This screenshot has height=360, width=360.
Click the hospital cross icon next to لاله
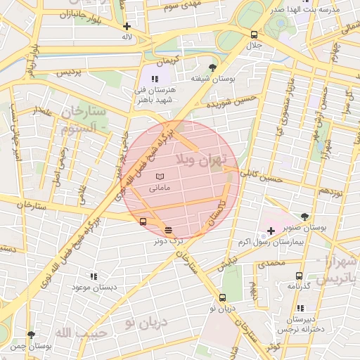click(x=127, y=26)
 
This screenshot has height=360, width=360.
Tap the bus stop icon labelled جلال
click(x=253, y=34)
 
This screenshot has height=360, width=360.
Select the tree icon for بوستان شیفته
click(x=213, y=67)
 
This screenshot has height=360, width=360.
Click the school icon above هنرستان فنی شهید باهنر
click(x=155, y=79)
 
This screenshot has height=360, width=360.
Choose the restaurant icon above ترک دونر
click(x=168, y=230)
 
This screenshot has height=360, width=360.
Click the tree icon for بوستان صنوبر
click(x=304, y=217)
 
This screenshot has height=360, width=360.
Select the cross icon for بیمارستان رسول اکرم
click(x=271, y=231)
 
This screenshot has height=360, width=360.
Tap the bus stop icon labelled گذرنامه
click(x=300, y=276)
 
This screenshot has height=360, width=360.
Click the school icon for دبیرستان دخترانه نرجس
click(x=301, y=308)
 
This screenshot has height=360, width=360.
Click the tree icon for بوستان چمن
click(x=30, y=335)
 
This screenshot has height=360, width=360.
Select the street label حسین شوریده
click(x=229, y=103)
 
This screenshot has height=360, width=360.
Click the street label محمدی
click(x=271, y=263)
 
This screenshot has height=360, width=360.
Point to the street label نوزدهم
click(x=330, y=191)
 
